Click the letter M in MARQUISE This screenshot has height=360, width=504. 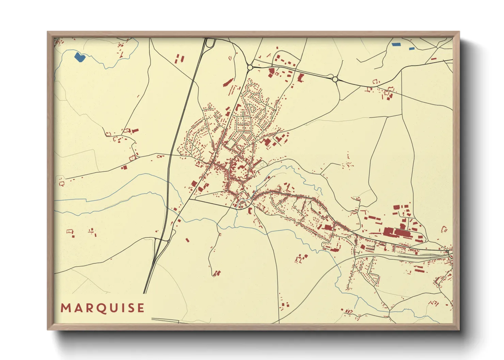click(x=65, y=308)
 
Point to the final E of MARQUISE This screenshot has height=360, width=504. click(x=141, y=308)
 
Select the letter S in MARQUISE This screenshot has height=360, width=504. click(x=131, y=308)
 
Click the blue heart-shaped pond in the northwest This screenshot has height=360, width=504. click(x=80, y=57)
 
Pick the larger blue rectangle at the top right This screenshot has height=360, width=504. click(x=396, y=44)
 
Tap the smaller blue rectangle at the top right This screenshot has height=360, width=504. click(x=412, y=49)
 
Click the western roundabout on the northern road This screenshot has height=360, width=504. click(x=250, y=67)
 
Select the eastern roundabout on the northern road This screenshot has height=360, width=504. click(x=335, y=79)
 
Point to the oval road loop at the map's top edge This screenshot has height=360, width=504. click(x=210, y=43)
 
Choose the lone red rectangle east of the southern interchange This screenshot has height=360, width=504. click(x=187, y=240)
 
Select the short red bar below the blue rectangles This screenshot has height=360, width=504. click(x=434, y=59)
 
